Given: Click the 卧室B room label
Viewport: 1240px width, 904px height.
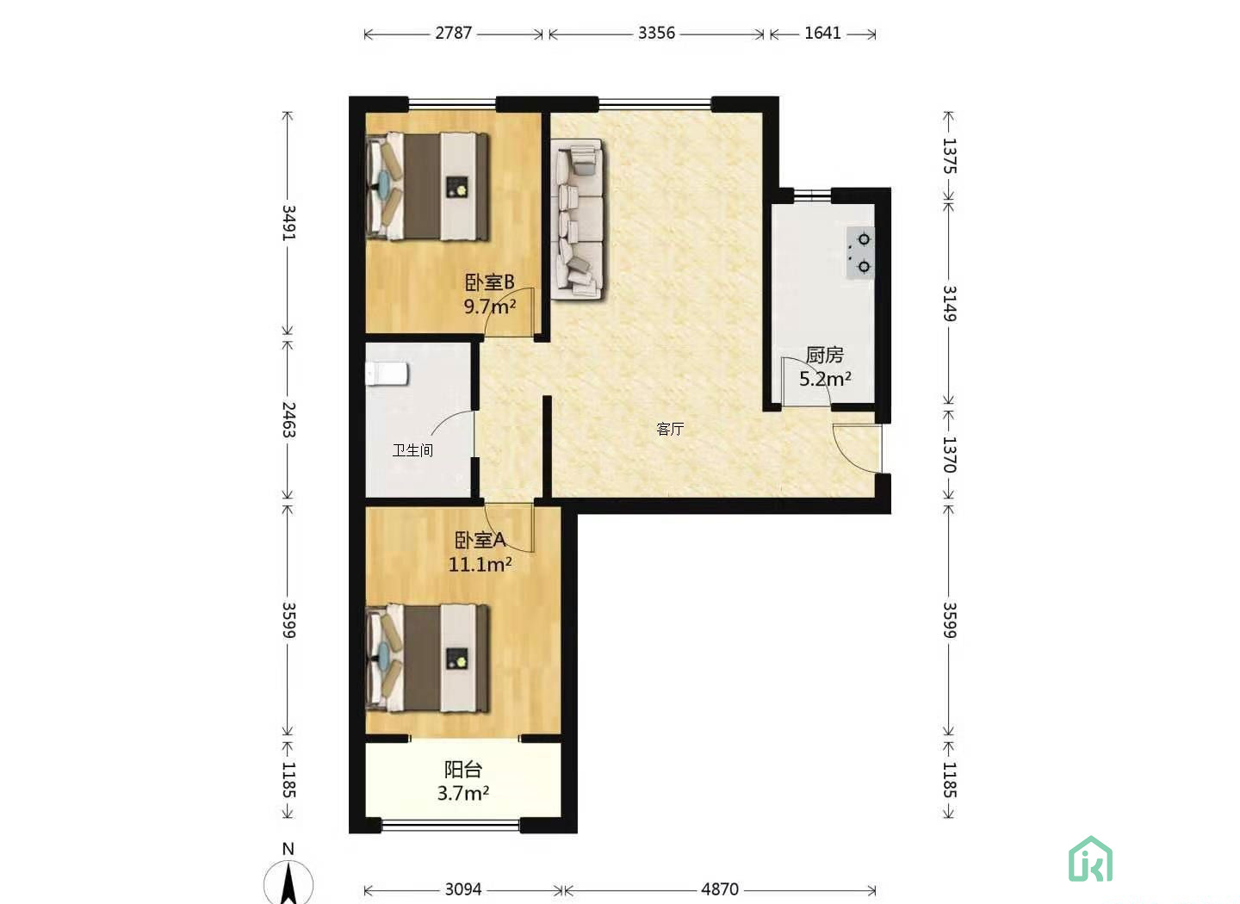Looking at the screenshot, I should click(489, 282).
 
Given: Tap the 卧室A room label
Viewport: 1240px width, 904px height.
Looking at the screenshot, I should click(480, 540).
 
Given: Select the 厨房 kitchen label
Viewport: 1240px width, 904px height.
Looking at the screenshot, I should click(824, 355).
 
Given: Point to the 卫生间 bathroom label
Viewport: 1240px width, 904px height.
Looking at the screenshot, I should click(412, 450).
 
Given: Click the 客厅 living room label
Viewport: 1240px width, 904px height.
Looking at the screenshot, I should click(670, 429).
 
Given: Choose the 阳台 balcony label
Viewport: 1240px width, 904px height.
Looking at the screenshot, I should click(463, 769).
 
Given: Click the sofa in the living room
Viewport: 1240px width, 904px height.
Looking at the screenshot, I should click(578, 220).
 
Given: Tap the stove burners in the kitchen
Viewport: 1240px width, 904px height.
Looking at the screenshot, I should click(860, 253).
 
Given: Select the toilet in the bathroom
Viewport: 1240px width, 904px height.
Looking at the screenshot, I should click(387, 374).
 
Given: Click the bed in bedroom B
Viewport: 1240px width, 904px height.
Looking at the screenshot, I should click(428, 186).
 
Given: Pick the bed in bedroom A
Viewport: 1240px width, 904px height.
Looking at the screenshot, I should click(428, 659).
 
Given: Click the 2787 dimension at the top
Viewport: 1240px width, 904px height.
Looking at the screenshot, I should click(453, 34).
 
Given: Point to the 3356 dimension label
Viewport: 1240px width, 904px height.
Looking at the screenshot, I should click(656, 34).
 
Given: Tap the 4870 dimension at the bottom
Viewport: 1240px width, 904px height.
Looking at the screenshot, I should click(719, 889).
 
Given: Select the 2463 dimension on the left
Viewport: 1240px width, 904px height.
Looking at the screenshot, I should click(289, 420).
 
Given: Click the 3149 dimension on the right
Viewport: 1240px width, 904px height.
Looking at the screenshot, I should click(949, 304).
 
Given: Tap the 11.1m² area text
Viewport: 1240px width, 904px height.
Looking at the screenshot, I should click(480, 565).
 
